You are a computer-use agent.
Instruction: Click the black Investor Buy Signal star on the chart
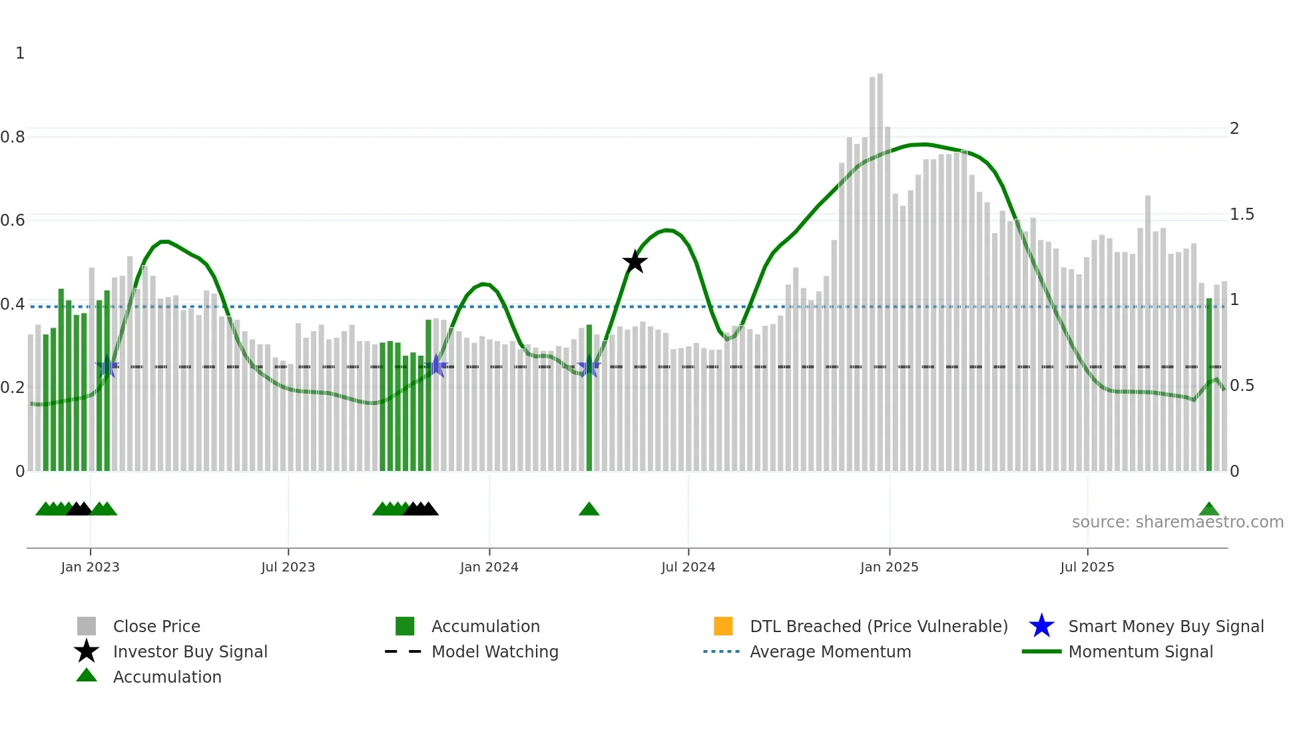[x=635, y=262]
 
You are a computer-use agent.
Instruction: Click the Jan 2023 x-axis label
[x=90, y=567]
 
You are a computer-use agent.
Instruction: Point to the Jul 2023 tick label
[x=288, y=567]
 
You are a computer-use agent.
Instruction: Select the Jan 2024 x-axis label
[x=489, y=567]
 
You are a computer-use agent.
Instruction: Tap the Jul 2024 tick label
[x=688, y=567]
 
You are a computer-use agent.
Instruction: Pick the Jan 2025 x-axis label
[x=889, y=567]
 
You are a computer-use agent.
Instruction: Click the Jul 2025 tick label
[x=1087, y=567]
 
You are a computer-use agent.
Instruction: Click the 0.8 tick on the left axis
[x=13, y=137]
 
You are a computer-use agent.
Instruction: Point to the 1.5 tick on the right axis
[x=1242, y=214]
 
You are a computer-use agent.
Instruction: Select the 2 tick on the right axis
[x=1234, y=129]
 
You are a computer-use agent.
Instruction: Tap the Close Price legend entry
[x=156, y=626]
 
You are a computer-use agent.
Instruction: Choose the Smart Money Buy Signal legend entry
[x=1165, y=626]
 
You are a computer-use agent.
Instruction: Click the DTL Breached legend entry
[x=878, y=626]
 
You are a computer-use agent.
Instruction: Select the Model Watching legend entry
[x=495, y=651]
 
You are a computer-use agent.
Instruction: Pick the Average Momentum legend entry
[x=830, y=651]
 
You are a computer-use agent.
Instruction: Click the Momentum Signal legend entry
[x=1141, y=651]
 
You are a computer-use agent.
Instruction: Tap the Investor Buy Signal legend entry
[x=190, y=651]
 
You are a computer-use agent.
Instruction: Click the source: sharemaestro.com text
[x=1177, y=522]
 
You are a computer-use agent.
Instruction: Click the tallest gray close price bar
[x=880, y=266]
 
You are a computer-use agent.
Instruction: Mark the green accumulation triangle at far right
[x=1209, y=510]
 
